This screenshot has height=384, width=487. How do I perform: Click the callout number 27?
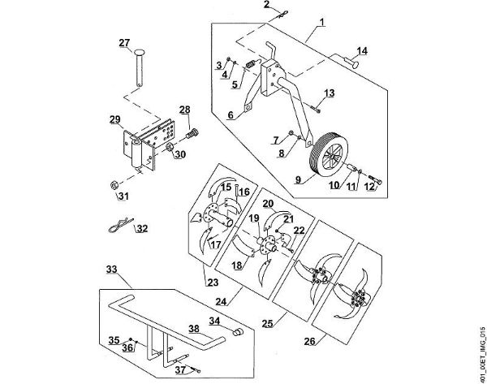[124, 43]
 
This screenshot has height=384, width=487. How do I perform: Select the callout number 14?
[361, 50]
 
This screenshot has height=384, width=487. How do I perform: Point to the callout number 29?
[114, 119]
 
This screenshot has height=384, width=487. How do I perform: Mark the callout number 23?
[213, 283]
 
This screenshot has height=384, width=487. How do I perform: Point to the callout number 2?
[265, 6]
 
